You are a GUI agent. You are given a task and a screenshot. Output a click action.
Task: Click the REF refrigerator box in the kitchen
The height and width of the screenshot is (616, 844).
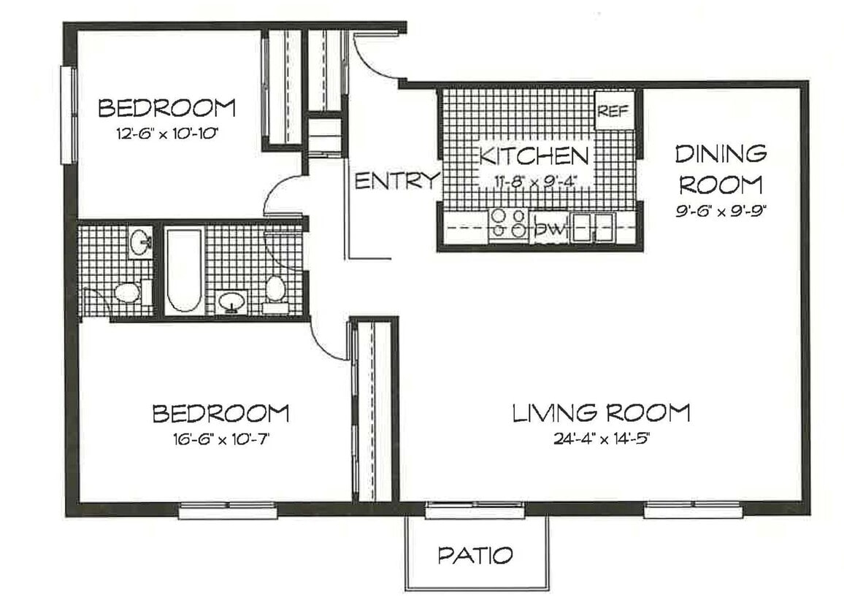pos(613,111)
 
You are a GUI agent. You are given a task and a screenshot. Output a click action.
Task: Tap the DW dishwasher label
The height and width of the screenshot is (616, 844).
pos(551,229)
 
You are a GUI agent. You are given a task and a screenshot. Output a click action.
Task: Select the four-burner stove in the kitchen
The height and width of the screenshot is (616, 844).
pos(509,224)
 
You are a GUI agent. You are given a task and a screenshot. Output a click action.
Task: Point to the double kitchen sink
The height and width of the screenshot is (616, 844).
pos(593,228)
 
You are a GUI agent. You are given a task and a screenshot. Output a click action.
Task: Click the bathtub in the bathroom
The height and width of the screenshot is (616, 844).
pos(183,270)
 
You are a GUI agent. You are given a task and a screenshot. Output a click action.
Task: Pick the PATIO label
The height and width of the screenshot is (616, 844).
pos(475,555)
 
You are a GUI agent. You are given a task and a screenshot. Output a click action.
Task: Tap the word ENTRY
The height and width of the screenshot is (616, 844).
pos(397,181)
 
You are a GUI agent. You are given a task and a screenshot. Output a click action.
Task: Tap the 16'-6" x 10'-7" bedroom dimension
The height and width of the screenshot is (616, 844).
pos(220,439)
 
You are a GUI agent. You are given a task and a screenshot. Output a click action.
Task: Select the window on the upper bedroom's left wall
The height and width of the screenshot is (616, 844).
pos(68,115)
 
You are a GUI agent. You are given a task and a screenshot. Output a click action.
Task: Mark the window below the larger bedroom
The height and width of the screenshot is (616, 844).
pos(228,512)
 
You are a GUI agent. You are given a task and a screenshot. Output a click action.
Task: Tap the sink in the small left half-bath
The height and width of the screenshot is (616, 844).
pos(140,242)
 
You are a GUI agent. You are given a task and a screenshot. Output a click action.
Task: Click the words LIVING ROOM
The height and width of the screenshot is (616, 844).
pos(600,413)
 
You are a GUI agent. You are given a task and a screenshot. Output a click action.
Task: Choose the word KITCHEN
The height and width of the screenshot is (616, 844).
pos(533,155)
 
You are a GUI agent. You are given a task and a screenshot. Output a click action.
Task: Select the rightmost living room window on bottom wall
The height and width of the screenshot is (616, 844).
pos(693,511)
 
